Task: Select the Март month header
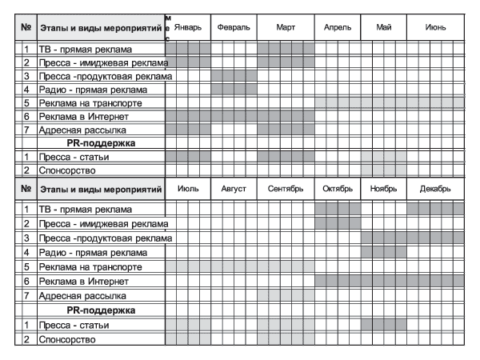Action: click(286, 27)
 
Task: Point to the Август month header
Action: click(234, 189)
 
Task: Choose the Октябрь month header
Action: click(338, 189)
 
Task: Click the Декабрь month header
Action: click(435, 189)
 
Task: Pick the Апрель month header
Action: click(338, 27)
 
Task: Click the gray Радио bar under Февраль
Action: click(234, 90)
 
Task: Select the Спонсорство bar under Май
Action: click(383, 170)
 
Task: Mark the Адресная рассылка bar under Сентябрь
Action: click(280, 295)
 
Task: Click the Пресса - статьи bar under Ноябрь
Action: click(383, 325)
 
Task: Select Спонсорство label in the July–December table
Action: click(67, 339)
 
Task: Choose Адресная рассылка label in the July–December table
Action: click(82, 295)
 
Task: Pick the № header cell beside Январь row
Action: click(26, 27)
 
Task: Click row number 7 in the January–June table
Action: click(26, 130)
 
